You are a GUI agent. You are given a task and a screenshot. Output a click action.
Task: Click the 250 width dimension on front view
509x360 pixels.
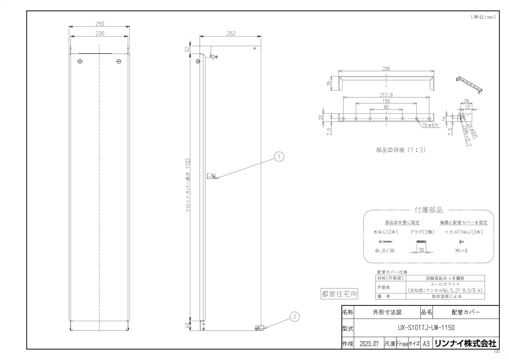(x=100, y=24)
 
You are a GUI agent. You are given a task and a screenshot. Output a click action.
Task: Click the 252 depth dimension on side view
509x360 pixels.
(x=231, y=33)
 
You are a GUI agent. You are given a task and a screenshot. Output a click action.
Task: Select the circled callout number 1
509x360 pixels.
(x=279, y=157)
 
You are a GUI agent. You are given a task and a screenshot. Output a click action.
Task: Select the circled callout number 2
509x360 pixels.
(x=295, y=316)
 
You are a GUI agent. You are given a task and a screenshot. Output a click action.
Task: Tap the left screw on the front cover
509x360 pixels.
(x=80, y=61)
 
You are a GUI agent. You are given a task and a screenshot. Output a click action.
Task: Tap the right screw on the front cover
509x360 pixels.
(x=119, y=61)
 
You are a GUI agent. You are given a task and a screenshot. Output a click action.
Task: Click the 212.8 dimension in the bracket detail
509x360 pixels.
(x=386, y=95)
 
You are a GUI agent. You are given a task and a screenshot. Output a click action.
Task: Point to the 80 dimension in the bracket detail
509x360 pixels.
(x=386, y=107)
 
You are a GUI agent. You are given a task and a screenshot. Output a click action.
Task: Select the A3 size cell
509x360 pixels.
(x=426, y=344)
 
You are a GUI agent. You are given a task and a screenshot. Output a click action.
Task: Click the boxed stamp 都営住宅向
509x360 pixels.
(x=339, y=294)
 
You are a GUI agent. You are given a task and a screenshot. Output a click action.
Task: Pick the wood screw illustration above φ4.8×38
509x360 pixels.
(x=385, y=242)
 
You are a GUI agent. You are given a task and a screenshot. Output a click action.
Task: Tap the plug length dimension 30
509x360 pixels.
(x=421, y=251)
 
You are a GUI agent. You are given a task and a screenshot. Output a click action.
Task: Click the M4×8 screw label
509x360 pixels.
(x=461, y=251)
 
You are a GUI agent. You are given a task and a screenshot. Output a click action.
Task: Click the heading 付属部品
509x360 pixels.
(x=428, y=210)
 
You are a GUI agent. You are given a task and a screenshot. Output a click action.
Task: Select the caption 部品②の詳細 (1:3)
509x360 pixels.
(x=401, y=150)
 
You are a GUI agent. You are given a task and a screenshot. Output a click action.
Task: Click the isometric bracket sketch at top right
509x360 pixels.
(x=469, y=84)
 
